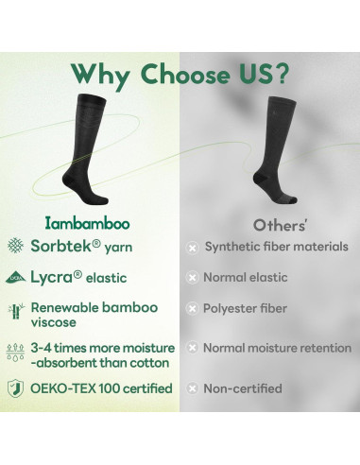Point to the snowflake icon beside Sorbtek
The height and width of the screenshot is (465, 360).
click(x=14, y=248)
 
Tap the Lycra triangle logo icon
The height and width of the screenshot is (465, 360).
click(x=14, y=278)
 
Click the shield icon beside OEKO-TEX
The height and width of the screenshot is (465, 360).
click(x=14, y=388)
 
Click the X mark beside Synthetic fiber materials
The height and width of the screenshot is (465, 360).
click(x=192, y=248)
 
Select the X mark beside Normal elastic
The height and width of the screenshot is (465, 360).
click(x=192, y=278)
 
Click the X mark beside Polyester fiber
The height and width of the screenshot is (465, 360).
click(x=192, y=308)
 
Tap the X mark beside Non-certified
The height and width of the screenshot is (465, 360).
click(x=192, y=388)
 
